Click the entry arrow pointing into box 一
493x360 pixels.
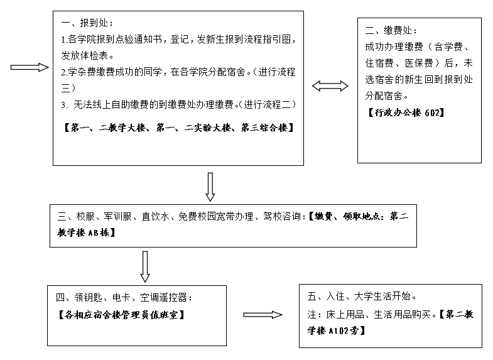pyautogui.click(x=30, y=67)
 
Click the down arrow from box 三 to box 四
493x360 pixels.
pyautogui.click(x=145, y=266)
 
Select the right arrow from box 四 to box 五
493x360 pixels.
pyautogui.click(x=263, y=315)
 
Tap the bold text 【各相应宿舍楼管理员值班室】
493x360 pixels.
pyautogui.click(x=121, y=314)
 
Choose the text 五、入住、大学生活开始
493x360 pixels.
pyautogui.click(x=361, y=295)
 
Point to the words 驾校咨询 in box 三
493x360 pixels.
pyautogui.click(x=286, y=217)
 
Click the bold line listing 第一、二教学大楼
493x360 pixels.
pyautogui.click(x=179, y=127)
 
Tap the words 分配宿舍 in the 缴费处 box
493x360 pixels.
pyautogui.click(x=385, y=96)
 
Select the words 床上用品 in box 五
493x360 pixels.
pyautogui.click(x=339, y=314)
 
